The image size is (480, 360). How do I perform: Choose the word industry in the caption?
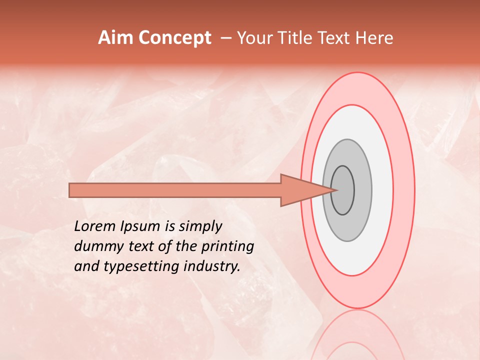(212, 266)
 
